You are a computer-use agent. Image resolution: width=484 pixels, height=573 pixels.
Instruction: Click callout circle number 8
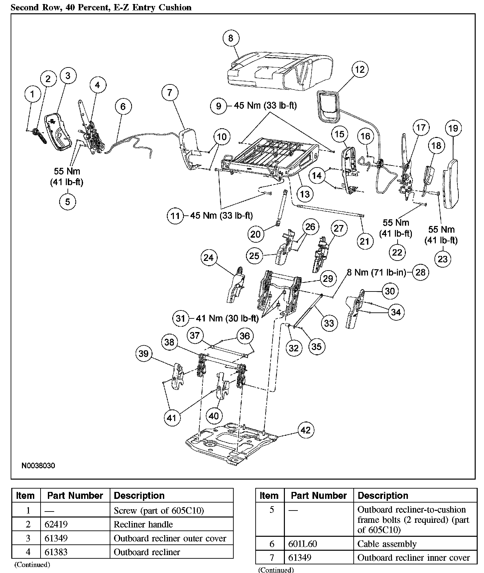coord(231,38)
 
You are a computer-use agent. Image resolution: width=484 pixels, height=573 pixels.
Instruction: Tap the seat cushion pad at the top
coord(280,69)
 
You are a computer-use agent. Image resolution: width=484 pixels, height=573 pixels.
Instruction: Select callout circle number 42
coord(305,430)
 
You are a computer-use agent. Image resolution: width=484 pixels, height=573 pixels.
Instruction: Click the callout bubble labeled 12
coord(360,69)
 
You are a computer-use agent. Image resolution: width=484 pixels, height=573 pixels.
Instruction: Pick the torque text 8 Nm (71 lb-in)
coord(376,273)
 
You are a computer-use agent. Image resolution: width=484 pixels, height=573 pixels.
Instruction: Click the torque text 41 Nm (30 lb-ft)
coord(227,318)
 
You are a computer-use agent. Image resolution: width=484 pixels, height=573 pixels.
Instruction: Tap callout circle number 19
coord(454,129)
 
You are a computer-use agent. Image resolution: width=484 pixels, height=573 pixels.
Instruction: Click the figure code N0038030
coord(38,466)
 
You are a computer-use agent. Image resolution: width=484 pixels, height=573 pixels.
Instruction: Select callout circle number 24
coord(209,258)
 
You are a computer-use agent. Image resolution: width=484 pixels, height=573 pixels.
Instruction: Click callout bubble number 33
coord(329,323)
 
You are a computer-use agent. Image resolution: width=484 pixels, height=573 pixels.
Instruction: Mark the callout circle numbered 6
coord(123,106)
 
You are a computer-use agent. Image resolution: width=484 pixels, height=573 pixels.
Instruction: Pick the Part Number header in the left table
coord(75,496)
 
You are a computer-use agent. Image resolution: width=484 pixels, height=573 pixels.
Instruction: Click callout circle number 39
coord(144,353)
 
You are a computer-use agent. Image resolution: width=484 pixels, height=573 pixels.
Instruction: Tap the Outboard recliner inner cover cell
coord(414,557)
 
